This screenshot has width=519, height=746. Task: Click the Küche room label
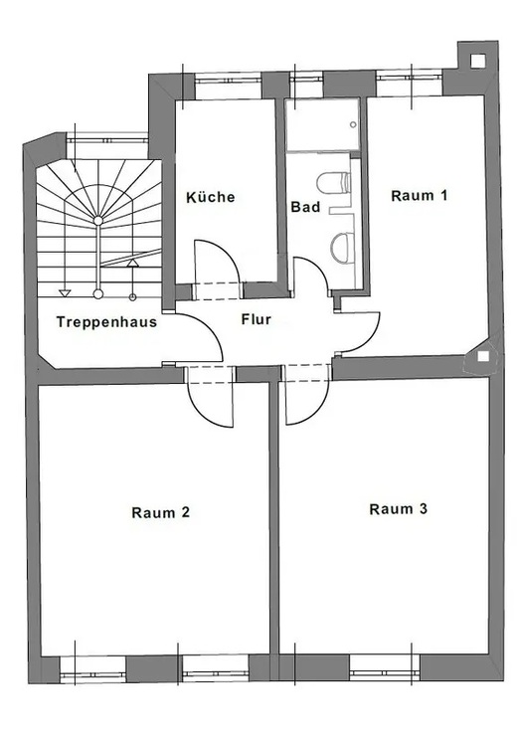(210, 197)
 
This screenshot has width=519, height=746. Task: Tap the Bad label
(305, 207)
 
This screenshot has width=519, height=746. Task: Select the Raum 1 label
(420, 196)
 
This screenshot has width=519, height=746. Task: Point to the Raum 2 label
(161, 512)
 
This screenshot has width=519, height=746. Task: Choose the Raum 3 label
(398, 509)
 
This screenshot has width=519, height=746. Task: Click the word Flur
(256, 319)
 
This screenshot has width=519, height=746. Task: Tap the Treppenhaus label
(106, 322)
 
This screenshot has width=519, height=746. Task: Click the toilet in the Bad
(334, 184)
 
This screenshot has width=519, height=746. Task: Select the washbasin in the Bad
(342, 248)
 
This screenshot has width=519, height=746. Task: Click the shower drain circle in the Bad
(353, 124)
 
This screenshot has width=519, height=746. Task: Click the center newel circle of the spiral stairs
(98, 220)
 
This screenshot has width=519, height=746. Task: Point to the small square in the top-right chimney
(477, 61)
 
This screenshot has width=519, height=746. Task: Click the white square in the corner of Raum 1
(483, 356)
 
